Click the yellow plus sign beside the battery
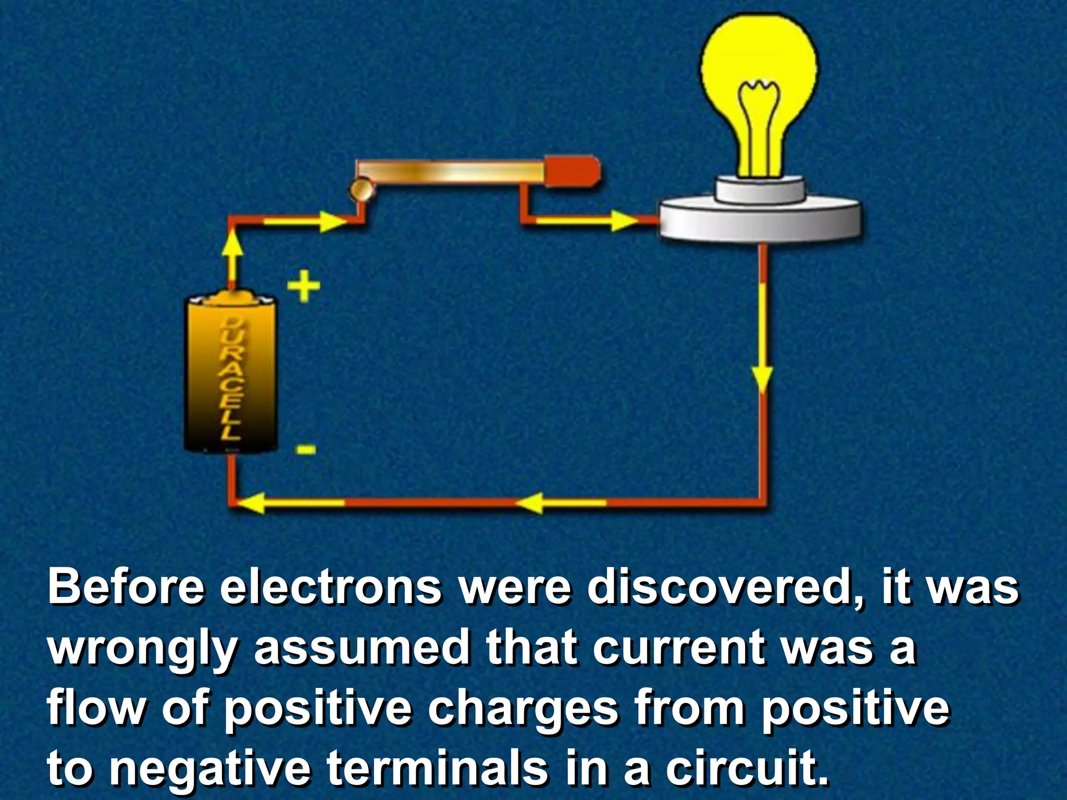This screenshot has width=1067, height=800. [x=304, y=286]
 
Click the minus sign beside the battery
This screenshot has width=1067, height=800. [x=306, y=449]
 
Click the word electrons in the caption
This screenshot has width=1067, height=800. [x=330, y=587]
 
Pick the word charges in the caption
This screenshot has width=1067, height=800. [x=523, y=708]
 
